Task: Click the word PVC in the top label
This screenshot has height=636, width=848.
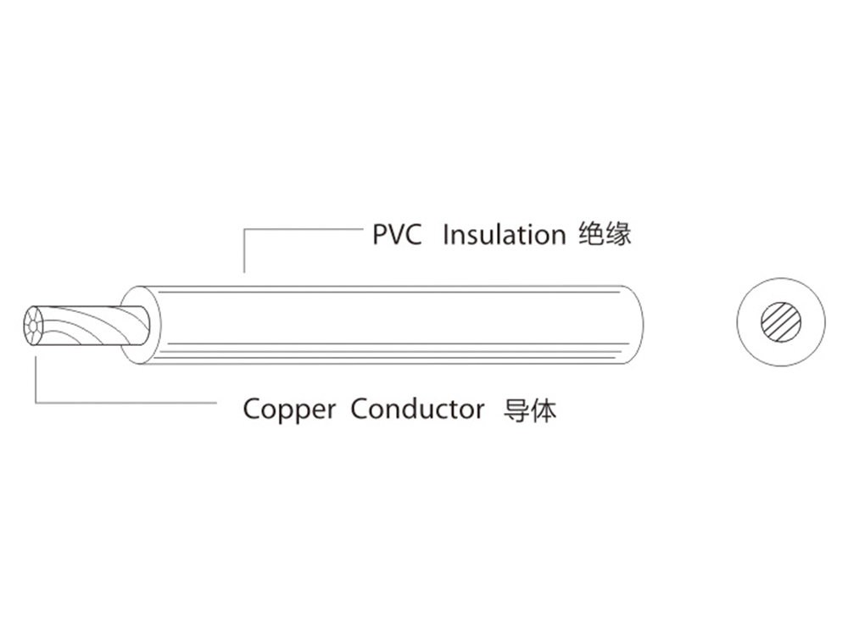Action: (397, 235)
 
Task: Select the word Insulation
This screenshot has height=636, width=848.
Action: (504, 235)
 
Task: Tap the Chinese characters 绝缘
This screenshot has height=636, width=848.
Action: (604, 234)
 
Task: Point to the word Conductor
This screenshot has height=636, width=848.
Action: (417, 410)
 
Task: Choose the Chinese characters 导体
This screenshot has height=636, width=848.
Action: (530, 410)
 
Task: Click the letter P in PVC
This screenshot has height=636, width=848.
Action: (380, 235)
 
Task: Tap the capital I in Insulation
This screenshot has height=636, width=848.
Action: (446, 235)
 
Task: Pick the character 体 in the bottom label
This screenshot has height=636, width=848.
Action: (544, 410)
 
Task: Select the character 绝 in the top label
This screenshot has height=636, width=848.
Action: (590, 234)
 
